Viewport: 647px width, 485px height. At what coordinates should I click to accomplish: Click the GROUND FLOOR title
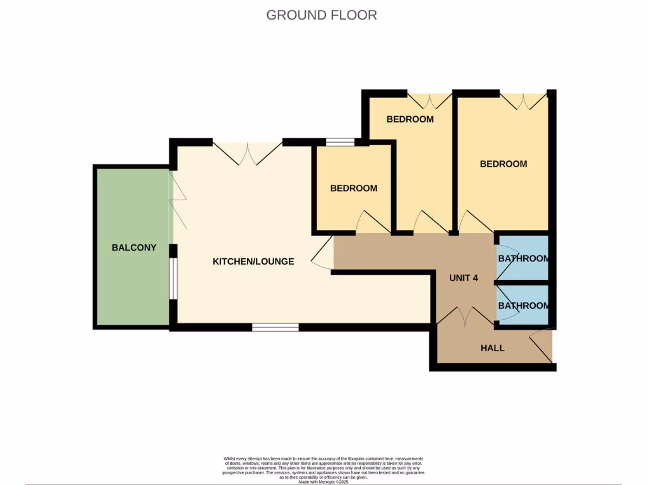tap(322, 15)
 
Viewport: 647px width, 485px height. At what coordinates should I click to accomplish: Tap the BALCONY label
tap(134, 248)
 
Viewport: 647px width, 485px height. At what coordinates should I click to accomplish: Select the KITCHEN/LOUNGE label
tap(253, 261)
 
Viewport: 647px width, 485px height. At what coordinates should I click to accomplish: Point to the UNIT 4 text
tap(463, 278)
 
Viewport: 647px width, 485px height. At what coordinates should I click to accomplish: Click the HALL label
tap(492, 348)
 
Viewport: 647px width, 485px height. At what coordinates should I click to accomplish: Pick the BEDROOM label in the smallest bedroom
tap(354, 188)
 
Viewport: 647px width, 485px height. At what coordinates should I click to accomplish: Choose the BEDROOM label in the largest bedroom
tap(503, 164)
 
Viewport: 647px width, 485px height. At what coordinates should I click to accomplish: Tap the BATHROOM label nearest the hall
tap(523, 306)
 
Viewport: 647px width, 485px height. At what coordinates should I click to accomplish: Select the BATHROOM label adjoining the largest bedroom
tap(523, 259)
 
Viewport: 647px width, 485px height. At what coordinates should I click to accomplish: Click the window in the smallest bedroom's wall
tap(340, 142)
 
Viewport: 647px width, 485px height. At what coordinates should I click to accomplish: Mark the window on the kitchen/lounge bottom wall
tap(275, 327)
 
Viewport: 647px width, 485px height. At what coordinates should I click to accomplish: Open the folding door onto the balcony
tap(178, 202)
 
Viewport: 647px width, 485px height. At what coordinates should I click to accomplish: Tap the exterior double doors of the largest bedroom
tap(523, 101)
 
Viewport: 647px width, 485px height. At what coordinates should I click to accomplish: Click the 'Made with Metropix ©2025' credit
tap(323, 482)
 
